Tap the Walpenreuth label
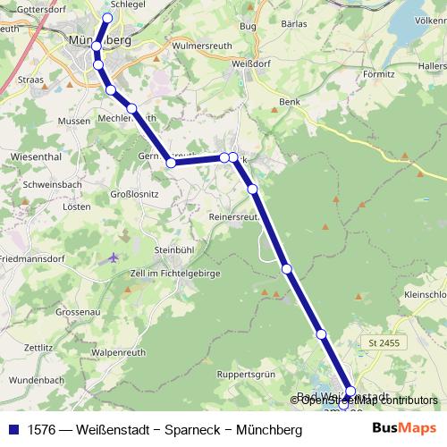pos(118,352)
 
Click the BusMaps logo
pos(404,429)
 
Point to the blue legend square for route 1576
pos(13,430)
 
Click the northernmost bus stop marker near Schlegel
pos(108,18)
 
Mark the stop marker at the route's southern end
pos(350,391)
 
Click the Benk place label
pos(288,103)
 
